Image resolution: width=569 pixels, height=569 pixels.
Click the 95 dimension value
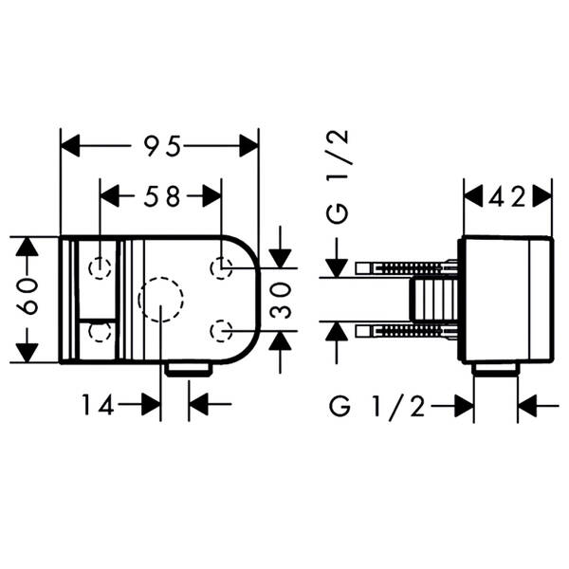click(x=162, y=146)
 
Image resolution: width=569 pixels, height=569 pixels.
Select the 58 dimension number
click(x=162, y=196)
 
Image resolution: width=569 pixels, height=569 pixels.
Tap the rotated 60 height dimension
click(x=28, y=297)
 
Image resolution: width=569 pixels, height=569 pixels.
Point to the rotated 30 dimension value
click(x=281, y=300)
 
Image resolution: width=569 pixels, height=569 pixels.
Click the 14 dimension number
click(x=98, y=405)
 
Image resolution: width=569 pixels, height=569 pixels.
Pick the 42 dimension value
click(x=507, y=197)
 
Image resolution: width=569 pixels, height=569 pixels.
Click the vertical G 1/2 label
click(x=337, y=176)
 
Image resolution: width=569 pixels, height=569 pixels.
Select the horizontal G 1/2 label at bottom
click(x=376, y=407)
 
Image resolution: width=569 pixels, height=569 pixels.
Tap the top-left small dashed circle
click(x=100, y=268)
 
